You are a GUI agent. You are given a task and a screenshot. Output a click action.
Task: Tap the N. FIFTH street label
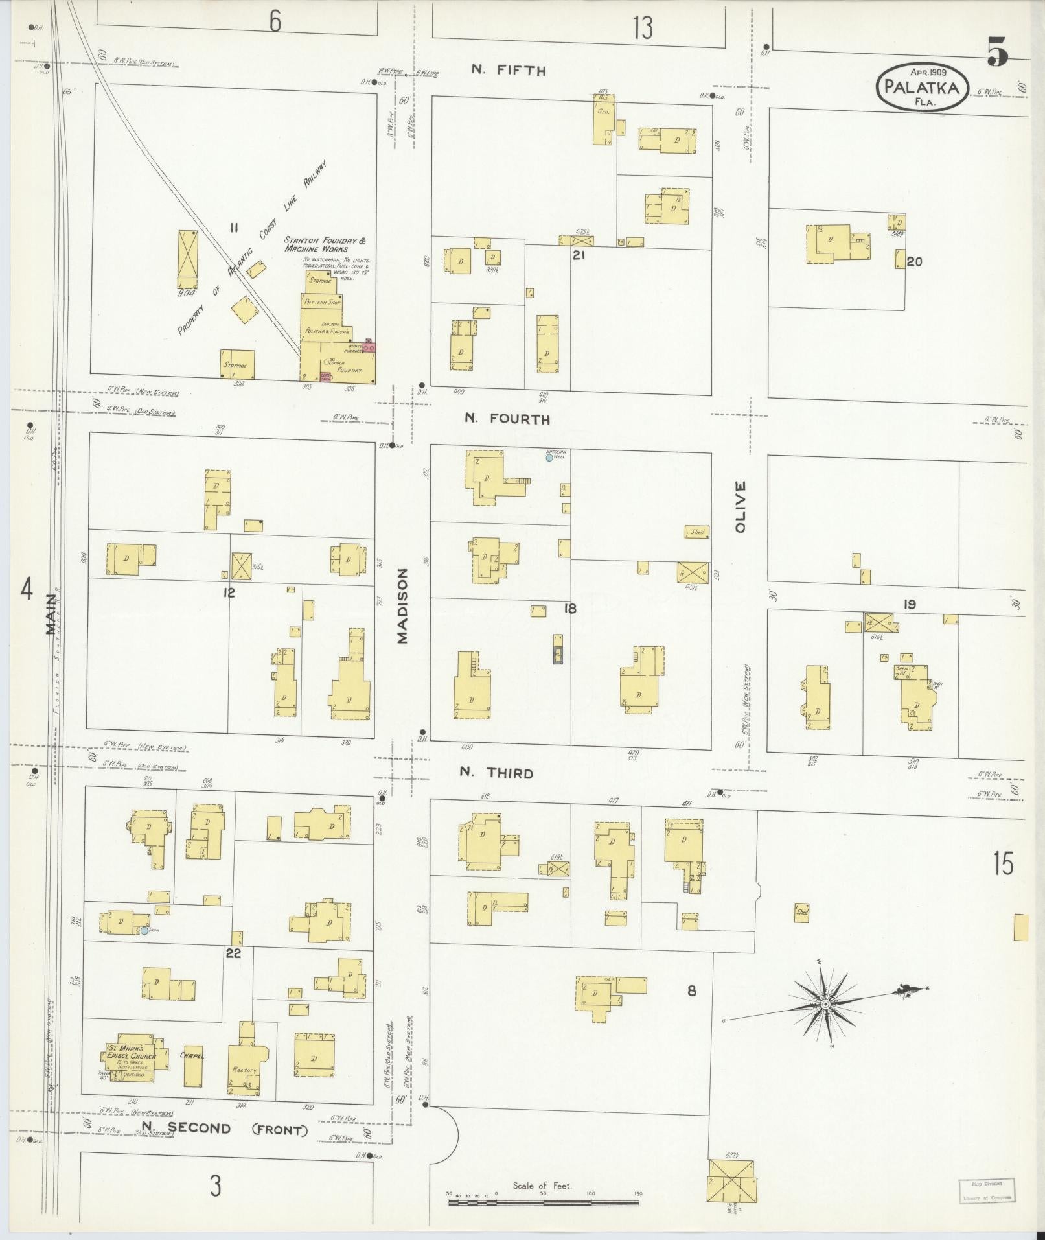pos(509,71)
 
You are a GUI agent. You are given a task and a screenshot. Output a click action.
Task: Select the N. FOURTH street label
pos(507,419)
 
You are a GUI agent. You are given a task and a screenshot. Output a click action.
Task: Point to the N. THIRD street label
pos(496,773)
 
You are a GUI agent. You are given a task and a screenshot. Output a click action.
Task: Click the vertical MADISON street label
pos(403,605)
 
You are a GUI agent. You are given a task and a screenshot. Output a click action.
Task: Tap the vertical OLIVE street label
pos(741,506)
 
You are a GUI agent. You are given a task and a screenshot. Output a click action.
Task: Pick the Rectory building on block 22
pos(246,1066)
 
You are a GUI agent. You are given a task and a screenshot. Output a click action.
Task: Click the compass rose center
pos(825,1022)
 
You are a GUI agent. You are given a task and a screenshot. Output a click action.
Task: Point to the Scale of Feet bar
pos(543,1203)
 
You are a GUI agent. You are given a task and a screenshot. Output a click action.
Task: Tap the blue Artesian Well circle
pos(549,458)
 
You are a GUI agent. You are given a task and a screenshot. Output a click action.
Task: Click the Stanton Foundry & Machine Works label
pos(325,244)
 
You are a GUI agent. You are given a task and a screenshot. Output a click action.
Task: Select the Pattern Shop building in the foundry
pos(322,303)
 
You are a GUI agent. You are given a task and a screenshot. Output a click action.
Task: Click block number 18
pos(569,608)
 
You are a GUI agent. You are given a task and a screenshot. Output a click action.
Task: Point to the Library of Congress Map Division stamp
pos(987,1190)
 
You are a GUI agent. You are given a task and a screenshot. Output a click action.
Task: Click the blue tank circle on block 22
pos(144,930)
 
